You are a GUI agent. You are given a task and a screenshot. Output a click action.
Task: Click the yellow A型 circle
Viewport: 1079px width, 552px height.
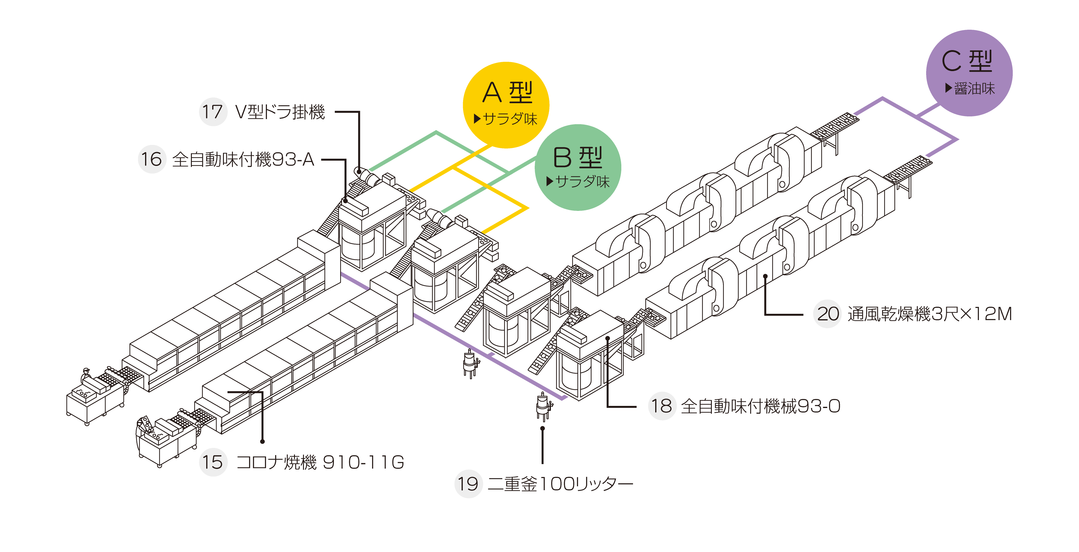point(506,105)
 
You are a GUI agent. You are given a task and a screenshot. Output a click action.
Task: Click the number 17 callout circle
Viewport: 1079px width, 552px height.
point(213,112)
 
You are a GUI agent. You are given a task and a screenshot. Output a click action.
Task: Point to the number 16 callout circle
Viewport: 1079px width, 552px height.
point(152,159)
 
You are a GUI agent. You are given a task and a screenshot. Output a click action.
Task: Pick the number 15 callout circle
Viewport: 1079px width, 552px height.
point(213,462)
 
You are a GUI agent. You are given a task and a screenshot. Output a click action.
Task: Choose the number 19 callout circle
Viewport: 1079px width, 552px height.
point(468,484)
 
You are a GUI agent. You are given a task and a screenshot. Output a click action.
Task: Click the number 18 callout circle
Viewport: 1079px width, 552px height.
point(662,406)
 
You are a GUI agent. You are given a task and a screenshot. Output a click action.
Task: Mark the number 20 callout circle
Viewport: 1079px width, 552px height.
point(827,314)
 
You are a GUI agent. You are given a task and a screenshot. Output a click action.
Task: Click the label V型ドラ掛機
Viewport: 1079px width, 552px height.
point(280,112)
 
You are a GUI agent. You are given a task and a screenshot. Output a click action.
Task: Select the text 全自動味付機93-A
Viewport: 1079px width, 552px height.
point(243,159)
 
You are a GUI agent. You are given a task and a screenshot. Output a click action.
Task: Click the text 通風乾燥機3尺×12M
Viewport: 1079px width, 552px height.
point(930,314)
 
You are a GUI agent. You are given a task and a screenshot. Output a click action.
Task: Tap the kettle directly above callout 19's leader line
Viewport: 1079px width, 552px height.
point(543,406)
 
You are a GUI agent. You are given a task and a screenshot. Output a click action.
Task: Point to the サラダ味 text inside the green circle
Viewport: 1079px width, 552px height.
point(582,181)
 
